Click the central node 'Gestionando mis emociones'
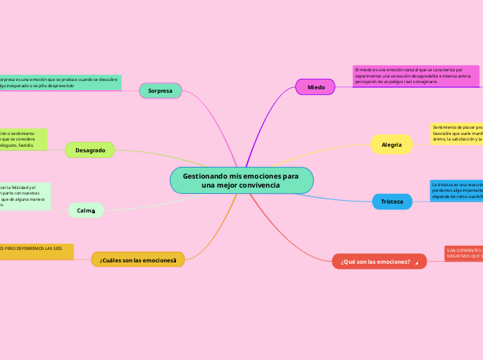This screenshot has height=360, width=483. (x=241, y=181)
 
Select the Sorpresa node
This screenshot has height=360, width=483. (x=160, y=91)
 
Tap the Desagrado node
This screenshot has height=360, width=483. (x=90, y=150)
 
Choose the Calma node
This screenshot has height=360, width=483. (x=86, y=210)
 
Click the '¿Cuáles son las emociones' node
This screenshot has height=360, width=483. (x=138, y=260)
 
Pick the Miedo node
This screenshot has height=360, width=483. (x=316, y=87)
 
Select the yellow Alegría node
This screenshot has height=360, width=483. (x=392, y=144)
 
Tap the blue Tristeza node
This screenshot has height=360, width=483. (x=392, y=201)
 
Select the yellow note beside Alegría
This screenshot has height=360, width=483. (x=456, y=133)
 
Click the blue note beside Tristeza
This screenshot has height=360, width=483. (x=456, y=190)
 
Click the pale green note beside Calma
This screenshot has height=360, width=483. (x=24, y=196)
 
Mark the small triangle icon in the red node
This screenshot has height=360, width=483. (x=416, y=262)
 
